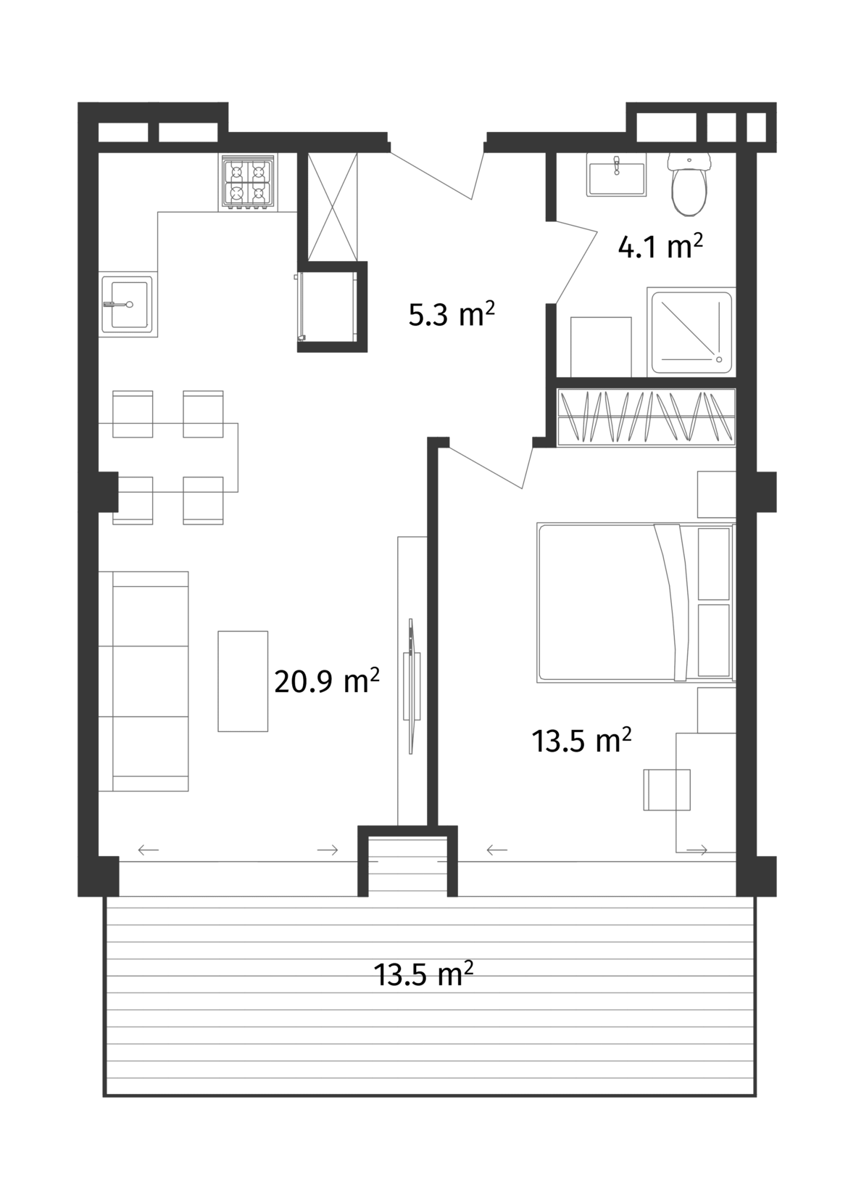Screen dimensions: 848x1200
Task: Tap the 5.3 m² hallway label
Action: pos(452,314)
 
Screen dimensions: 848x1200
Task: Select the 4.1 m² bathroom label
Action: pos(660,247)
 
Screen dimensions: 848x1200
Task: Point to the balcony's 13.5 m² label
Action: pos(423,974)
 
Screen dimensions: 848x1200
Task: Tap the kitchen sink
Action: pos(128,304)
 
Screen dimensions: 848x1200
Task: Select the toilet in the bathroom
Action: pos(689,184)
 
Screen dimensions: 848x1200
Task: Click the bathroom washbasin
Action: pos(617,176)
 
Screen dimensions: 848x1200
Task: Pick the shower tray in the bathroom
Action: pos(692,331)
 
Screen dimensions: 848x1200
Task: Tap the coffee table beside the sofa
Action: pos(243,681)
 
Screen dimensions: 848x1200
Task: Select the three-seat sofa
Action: pos(144,681)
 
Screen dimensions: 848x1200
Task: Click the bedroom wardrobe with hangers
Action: pos(646,416)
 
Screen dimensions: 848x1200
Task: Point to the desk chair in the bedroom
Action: pos(667,789)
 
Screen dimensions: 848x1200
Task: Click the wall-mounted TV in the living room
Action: pos(412,686)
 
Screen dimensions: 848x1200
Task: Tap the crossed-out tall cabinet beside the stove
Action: pos(333,207)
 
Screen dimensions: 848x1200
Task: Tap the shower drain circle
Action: pos(719,359)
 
